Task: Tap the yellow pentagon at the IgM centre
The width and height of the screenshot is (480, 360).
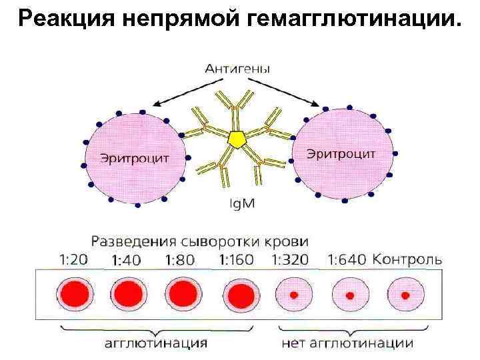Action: tap(236, 139)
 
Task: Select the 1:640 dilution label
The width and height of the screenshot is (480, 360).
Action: tap(347, 259)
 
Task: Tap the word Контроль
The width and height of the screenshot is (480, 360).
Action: tap(407, 259)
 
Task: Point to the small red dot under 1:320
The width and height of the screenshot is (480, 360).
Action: tap(293, 293)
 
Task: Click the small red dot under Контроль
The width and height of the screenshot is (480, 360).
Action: tap(404, 293)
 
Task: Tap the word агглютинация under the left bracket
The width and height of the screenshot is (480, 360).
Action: tap(156, 343)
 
